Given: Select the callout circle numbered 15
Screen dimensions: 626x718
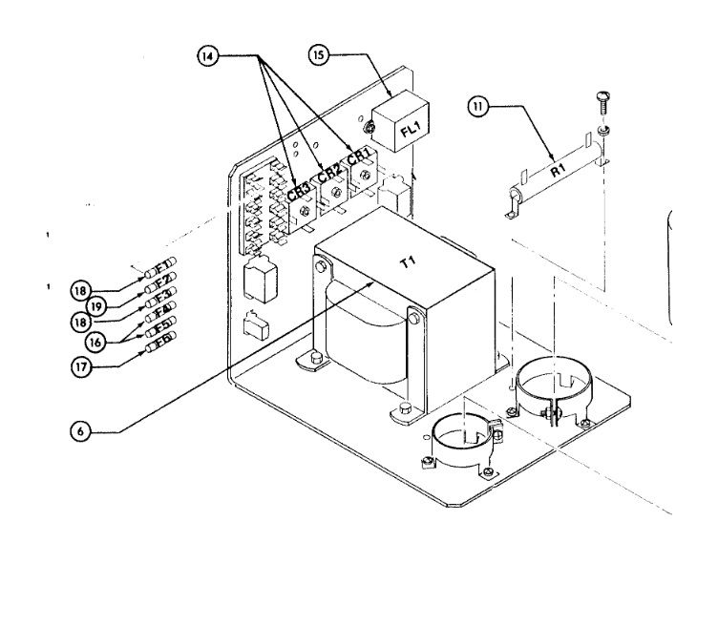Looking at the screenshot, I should (x=319, y=55).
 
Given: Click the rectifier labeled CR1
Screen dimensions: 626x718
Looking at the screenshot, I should (x=361, y=162).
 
